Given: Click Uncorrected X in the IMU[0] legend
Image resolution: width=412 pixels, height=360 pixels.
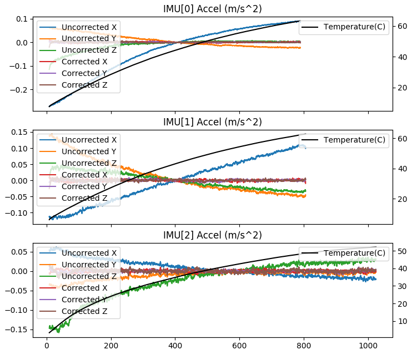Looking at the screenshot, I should [x=89, y=27].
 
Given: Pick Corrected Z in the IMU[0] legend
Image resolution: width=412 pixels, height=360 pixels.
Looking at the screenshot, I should [x=84, y=85].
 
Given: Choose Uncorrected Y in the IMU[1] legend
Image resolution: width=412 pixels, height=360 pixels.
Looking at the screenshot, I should [x=89, y=151].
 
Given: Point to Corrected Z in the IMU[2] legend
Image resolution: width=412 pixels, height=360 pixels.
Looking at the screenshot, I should [x=84, y=311].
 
